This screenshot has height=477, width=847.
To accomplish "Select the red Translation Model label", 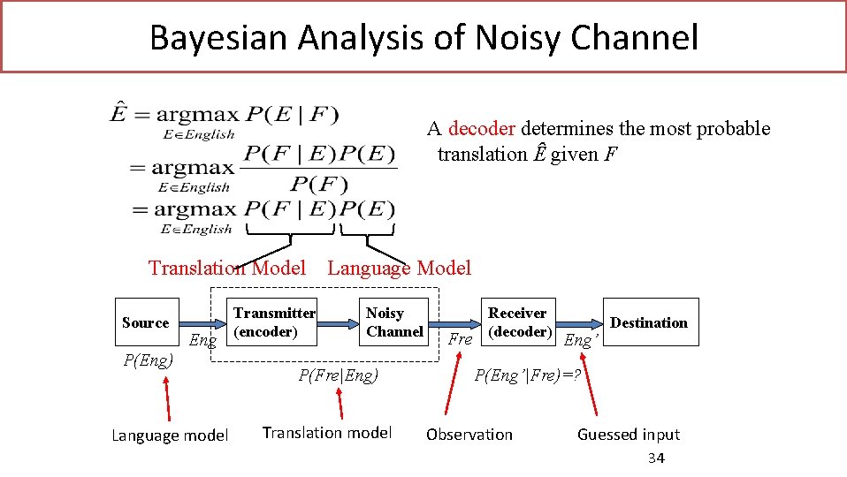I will point(226,268).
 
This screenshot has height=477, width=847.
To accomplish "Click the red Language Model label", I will point(399,268).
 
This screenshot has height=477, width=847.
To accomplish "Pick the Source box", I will point(145,322).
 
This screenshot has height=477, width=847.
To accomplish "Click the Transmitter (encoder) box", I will point(273,322).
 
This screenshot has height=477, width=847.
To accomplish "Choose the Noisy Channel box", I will point(393,322).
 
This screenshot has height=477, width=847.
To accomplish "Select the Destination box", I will point(648,322).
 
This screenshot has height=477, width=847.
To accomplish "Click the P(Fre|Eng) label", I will point(338,375).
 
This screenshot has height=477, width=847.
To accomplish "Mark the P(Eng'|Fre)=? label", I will point(527,375).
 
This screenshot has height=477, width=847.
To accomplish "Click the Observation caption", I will point(469,435).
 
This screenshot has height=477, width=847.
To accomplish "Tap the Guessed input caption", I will point(628,435).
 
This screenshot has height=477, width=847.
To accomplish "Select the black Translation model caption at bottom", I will point(326,433).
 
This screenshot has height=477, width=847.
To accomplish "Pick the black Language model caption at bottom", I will point(170,435).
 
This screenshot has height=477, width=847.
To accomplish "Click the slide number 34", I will point(655,458).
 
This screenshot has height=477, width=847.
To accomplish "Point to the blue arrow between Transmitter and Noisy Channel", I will point(340,324).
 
